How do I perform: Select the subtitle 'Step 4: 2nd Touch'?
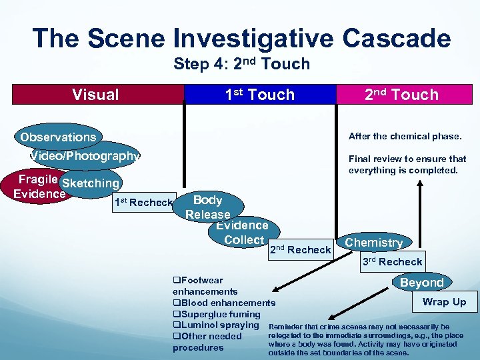point(241,64)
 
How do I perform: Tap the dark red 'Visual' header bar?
point(96,95)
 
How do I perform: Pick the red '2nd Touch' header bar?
point(402,95)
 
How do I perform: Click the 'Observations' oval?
point(58,137)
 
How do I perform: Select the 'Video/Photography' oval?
point(85,156)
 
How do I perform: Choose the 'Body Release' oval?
point(207,207)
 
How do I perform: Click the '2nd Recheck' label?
point(299,249)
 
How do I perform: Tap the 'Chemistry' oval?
point(373,243)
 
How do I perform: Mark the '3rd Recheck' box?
point(392,261)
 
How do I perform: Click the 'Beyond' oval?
point(421,283)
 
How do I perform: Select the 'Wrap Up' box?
point(444,302)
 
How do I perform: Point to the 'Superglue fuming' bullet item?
point(217,314)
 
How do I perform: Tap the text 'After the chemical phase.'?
point(405,137)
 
